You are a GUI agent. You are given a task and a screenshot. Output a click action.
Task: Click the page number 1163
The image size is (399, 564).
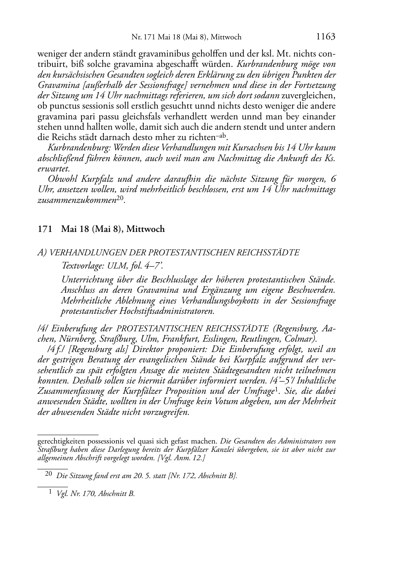pos(325,37)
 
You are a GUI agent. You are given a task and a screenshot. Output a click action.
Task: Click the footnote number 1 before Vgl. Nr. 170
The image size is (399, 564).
pos(50,493)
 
